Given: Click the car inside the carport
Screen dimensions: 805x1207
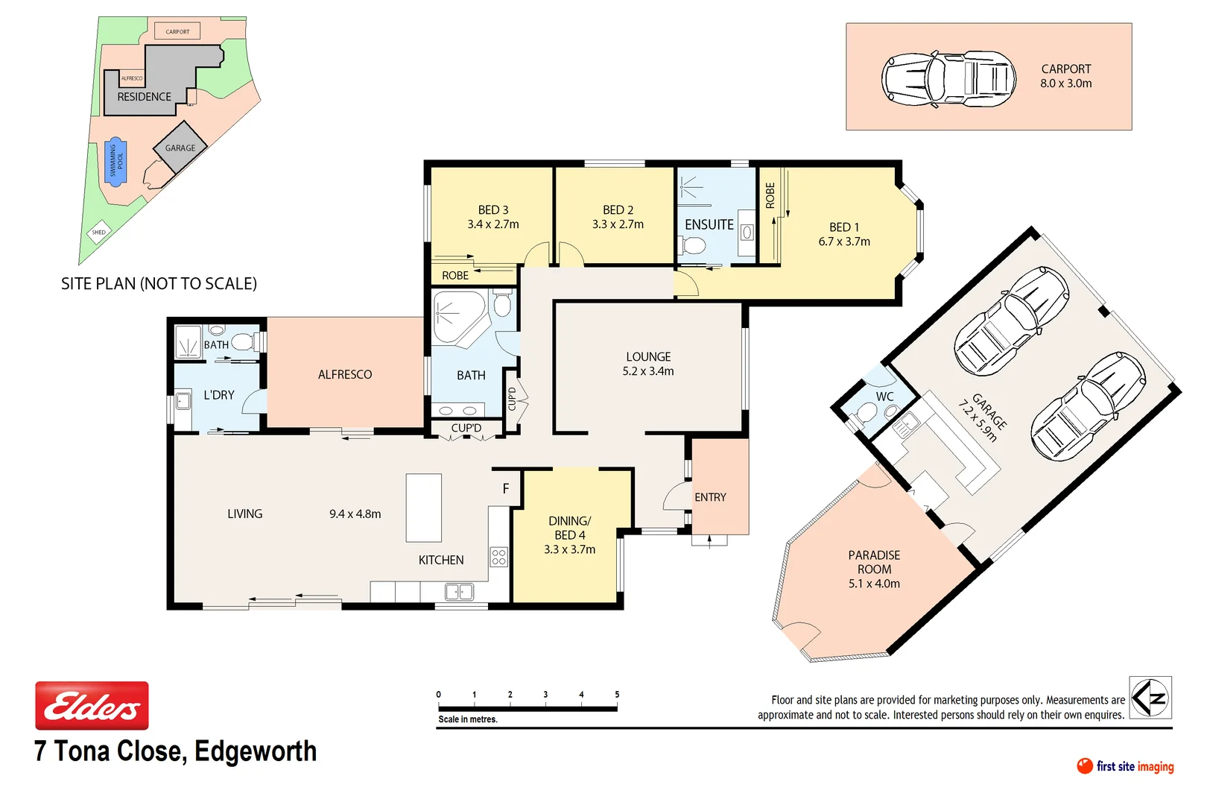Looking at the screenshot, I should click(948, 79).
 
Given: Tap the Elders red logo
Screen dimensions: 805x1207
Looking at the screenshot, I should click(92, 705).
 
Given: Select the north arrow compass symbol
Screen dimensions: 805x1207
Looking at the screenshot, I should click(1150, 698).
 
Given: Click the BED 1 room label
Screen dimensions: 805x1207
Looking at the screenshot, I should click(844, 234).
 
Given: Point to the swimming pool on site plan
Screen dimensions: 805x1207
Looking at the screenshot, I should click(115, 161).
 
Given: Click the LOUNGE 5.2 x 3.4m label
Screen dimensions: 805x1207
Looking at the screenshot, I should click(648, 364).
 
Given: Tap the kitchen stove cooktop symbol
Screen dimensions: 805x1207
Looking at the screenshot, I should click(498, 557).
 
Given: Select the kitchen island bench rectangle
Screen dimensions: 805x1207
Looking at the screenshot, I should click(423, 508).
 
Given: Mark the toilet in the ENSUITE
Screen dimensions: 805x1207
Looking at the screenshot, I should click(694, 245).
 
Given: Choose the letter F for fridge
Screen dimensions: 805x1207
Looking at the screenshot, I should click(506, 489).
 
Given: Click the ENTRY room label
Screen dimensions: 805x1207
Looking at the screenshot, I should click(710, 497).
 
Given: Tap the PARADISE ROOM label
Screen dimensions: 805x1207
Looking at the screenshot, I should click(874, 569).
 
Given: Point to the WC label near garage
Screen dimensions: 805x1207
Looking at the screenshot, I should click(884, 397).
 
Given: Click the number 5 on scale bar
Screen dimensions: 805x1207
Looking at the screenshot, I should click(617, 695).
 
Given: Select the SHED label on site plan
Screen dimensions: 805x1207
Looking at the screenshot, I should click(99, 233).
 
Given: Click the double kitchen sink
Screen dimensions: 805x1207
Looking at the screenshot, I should click(459, 592).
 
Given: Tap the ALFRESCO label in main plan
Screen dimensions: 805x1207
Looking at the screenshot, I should click(345, 375).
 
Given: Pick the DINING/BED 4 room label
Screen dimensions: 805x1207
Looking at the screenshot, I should click(570, 535).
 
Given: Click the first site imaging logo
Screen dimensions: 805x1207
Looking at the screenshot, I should click(1126, 766).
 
